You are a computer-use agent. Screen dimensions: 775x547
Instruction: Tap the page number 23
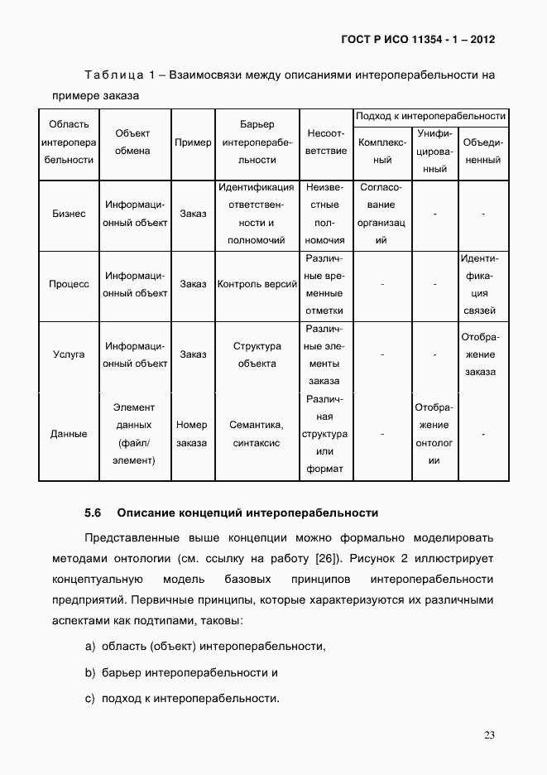pos(489,735)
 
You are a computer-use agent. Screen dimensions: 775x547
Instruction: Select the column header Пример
pos(193,142)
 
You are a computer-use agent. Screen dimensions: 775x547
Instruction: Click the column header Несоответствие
pos(325,142)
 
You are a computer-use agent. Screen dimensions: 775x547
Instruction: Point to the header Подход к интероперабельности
pos(430,116)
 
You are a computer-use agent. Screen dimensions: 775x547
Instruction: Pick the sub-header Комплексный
pos(381,152)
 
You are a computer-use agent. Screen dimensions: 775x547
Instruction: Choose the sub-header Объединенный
pos(483,152)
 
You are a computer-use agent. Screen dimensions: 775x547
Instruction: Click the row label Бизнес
pos(69,214)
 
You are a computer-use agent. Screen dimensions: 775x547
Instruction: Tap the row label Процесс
pos(69,284)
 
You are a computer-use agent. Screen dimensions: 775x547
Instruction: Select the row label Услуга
pos(69,354)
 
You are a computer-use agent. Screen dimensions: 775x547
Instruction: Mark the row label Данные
pos(69,434)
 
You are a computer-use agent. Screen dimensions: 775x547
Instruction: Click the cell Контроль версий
pos(257,284)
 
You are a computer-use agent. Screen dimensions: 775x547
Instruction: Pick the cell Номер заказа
pos(192,434)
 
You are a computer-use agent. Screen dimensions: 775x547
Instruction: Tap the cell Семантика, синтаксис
pos(257,434)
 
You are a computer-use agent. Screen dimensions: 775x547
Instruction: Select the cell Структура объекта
pos(257,354)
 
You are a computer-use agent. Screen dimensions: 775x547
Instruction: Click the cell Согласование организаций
pos(381,214)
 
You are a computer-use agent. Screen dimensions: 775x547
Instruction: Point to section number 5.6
pos(93,513)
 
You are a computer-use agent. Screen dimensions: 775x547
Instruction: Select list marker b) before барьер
pos(89,672)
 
